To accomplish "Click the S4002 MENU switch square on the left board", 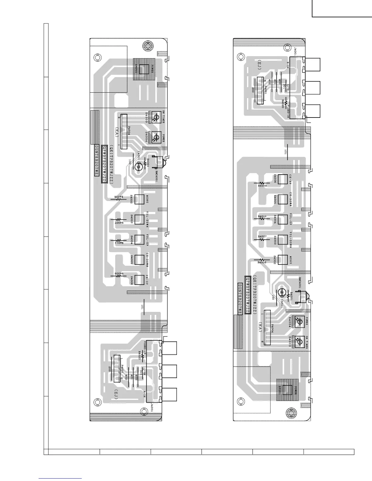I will coord(139,199).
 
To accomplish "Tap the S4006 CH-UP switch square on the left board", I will coord(139,280).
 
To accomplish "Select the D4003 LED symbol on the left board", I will coord(157,118).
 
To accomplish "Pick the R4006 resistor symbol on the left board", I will coord(119,199).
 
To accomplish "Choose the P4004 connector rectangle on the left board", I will coord(124,132).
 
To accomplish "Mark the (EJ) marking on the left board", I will coord(116,394).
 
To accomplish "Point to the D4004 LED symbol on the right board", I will coord(299,322).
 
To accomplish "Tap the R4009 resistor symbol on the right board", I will coord(262,183).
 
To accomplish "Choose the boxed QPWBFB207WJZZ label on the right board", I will coord(248,295).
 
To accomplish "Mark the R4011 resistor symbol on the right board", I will coord(262,219).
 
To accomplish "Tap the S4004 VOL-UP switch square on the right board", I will coord(283,219).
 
